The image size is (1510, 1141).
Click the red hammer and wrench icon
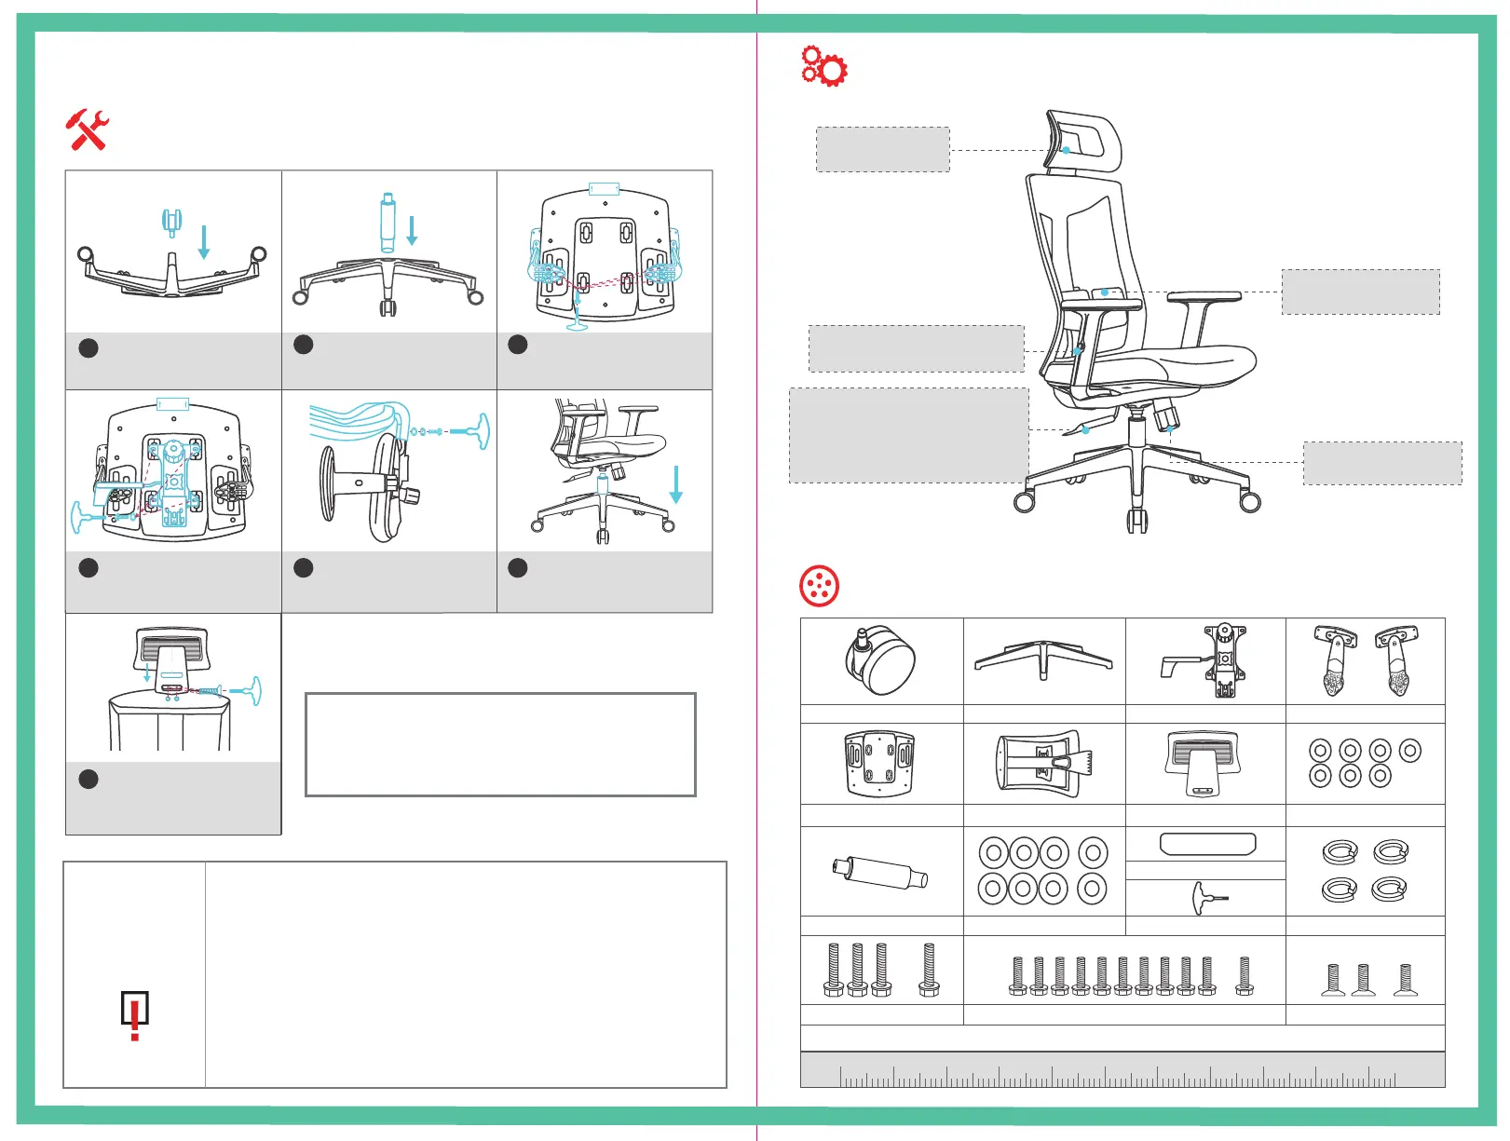[88, 129]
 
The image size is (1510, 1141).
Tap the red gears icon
[823, 66]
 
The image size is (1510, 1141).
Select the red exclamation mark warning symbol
[135, 1014]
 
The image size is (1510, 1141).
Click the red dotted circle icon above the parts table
[819, 586]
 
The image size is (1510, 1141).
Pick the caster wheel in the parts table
[880, 660]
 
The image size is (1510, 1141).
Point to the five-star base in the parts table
[1043, 658]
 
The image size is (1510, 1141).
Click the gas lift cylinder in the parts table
[879, 873]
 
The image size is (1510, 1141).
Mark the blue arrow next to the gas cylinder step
[412, 230]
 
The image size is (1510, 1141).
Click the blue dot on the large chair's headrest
[1067, 150]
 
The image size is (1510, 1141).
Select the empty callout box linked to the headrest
[882, 149]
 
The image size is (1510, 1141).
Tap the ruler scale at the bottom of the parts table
[1122, 1070]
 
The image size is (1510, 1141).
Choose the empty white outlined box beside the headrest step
[500, 744]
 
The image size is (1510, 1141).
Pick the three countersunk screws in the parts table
[1365, 980]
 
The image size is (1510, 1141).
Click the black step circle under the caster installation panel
[88, 348]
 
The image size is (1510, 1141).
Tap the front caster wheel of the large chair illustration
[1137, 519]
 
